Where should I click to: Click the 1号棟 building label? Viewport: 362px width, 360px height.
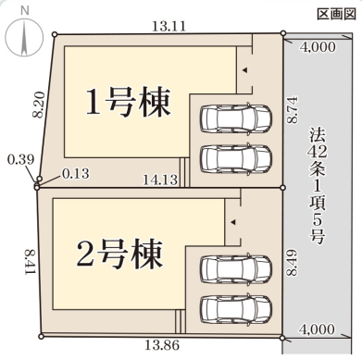pos(128,102)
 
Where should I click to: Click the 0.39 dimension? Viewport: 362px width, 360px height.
pos(18,159)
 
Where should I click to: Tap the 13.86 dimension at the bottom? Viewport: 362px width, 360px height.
pos(162,344)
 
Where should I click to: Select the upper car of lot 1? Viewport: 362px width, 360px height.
pos(235,119)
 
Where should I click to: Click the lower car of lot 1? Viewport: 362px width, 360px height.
pos(235,157)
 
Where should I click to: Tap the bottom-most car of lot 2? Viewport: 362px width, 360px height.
pos(235,306)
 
